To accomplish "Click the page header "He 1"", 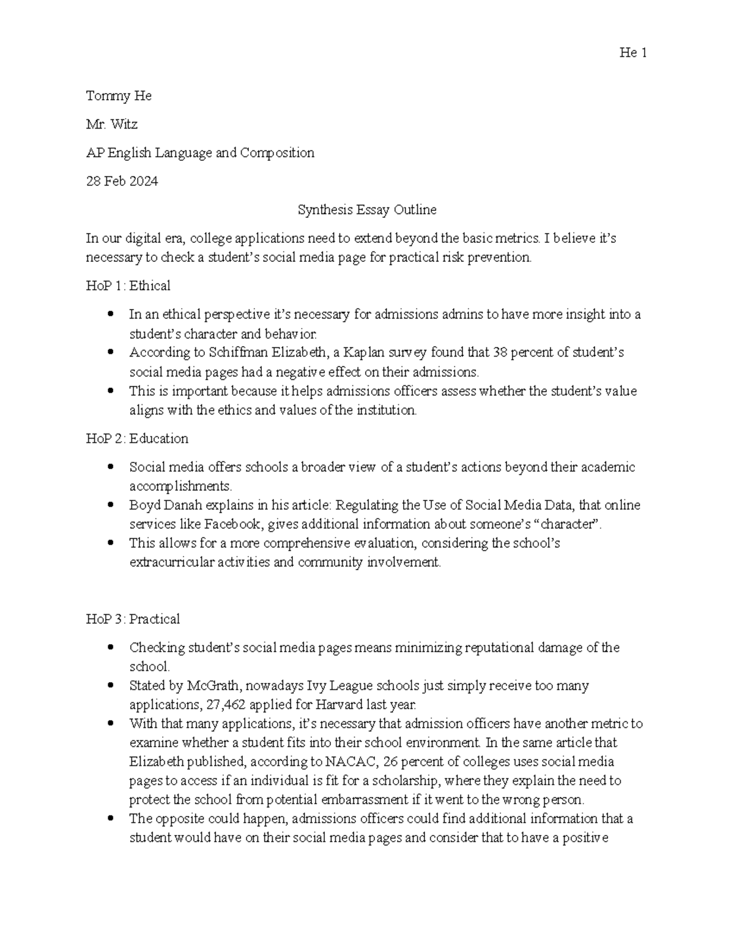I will click(633, 53).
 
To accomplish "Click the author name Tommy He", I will click(119, 96).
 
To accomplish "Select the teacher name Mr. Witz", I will click(112, 125).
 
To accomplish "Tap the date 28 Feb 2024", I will click(122, 182).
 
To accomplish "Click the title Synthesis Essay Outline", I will click(367, 210).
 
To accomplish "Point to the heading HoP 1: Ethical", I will click(128, 286).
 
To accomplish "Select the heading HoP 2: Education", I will click(137, 439).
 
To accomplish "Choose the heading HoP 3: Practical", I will click(133, 619).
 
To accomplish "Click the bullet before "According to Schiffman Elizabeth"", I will click(111, 352).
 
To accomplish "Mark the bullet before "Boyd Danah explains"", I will click(111, 505).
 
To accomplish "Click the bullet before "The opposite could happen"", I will click(111, 818).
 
